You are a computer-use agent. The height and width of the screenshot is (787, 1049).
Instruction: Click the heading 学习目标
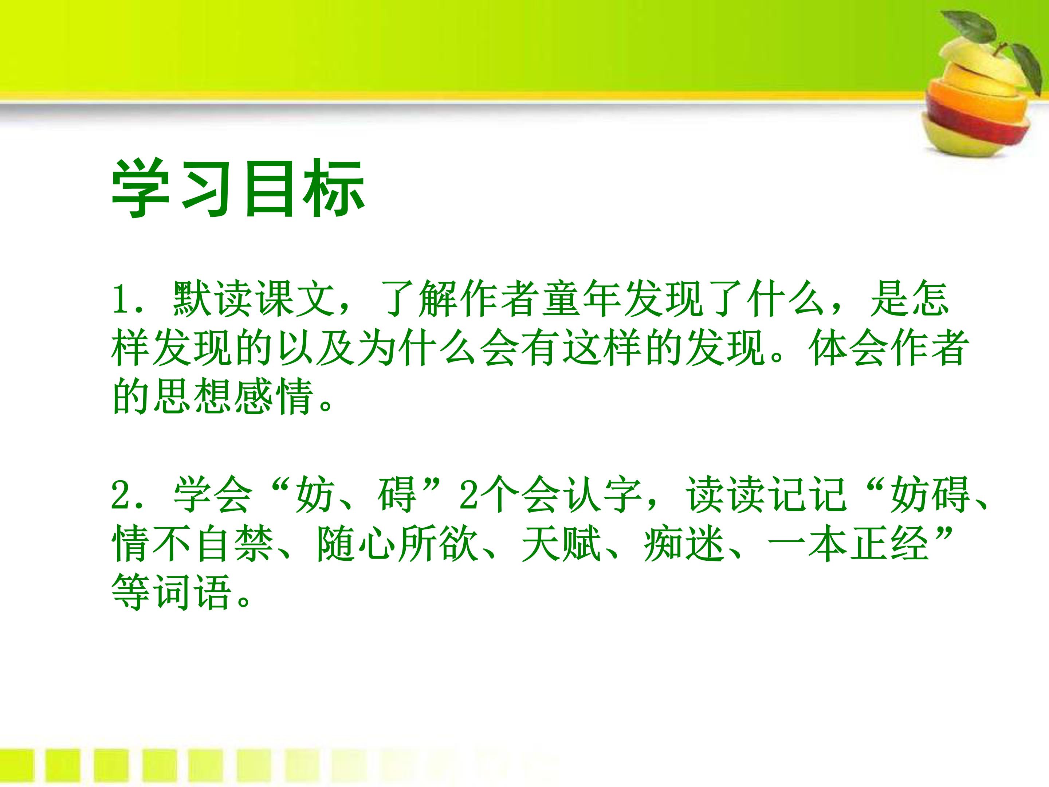point(238,190)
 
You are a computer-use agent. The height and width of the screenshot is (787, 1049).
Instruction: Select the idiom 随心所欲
point(397,545)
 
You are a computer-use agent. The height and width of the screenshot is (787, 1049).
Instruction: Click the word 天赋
point(561,545)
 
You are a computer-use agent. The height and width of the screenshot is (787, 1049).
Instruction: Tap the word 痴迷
point(684,545)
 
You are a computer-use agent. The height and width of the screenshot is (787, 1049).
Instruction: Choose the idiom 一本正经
point(848,545)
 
